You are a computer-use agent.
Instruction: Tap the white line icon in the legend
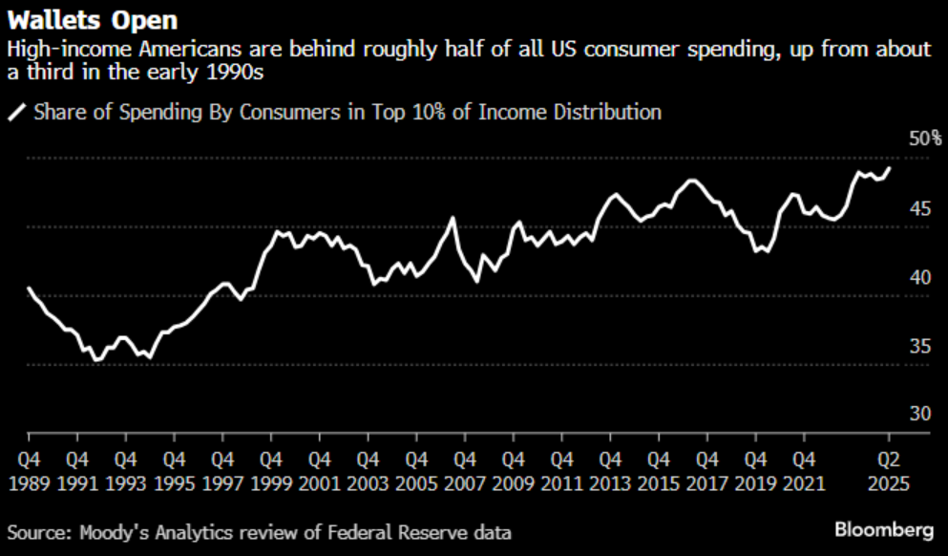[x=17, y=113]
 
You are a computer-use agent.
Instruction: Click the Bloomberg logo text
[x=884, y=529]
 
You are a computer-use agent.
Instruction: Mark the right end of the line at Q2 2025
[x=890, y=168]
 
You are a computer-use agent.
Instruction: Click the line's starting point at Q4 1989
[x=29, y=288]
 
